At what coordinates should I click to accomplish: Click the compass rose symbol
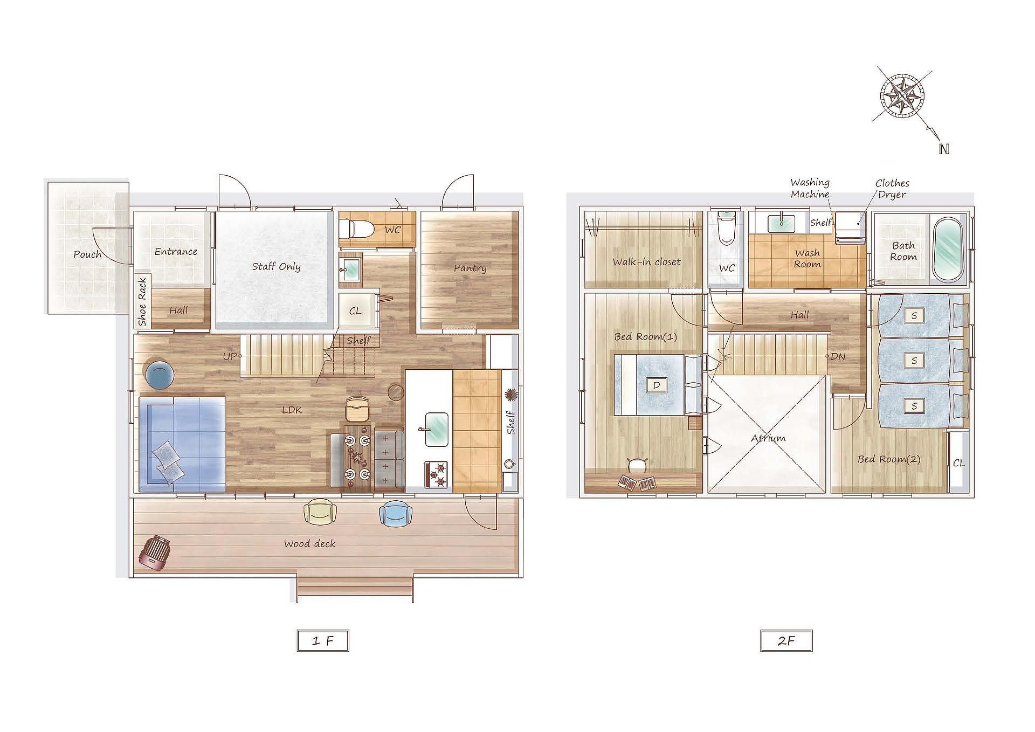902,96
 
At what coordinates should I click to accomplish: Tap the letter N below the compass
943,149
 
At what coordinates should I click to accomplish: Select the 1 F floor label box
323,640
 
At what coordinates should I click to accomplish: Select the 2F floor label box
786,640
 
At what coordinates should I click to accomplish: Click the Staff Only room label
276,266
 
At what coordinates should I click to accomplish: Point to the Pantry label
470,268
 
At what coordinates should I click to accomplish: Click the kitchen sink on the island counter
437,430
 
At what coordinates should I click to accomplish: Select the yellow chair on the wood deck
320,512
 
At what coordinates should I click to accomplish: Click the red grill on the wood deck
155,553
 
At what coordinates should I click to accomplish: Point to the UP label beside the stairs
230,356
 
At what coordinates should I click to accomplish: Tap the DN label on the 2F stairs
838,356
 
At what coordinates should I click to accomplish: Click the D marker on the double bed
657,385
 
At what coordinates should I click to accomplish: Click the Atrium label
768,438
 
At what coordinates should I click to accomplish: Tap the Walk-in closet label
646,262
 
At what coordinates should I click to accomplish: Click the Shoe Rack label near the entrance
142,301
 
